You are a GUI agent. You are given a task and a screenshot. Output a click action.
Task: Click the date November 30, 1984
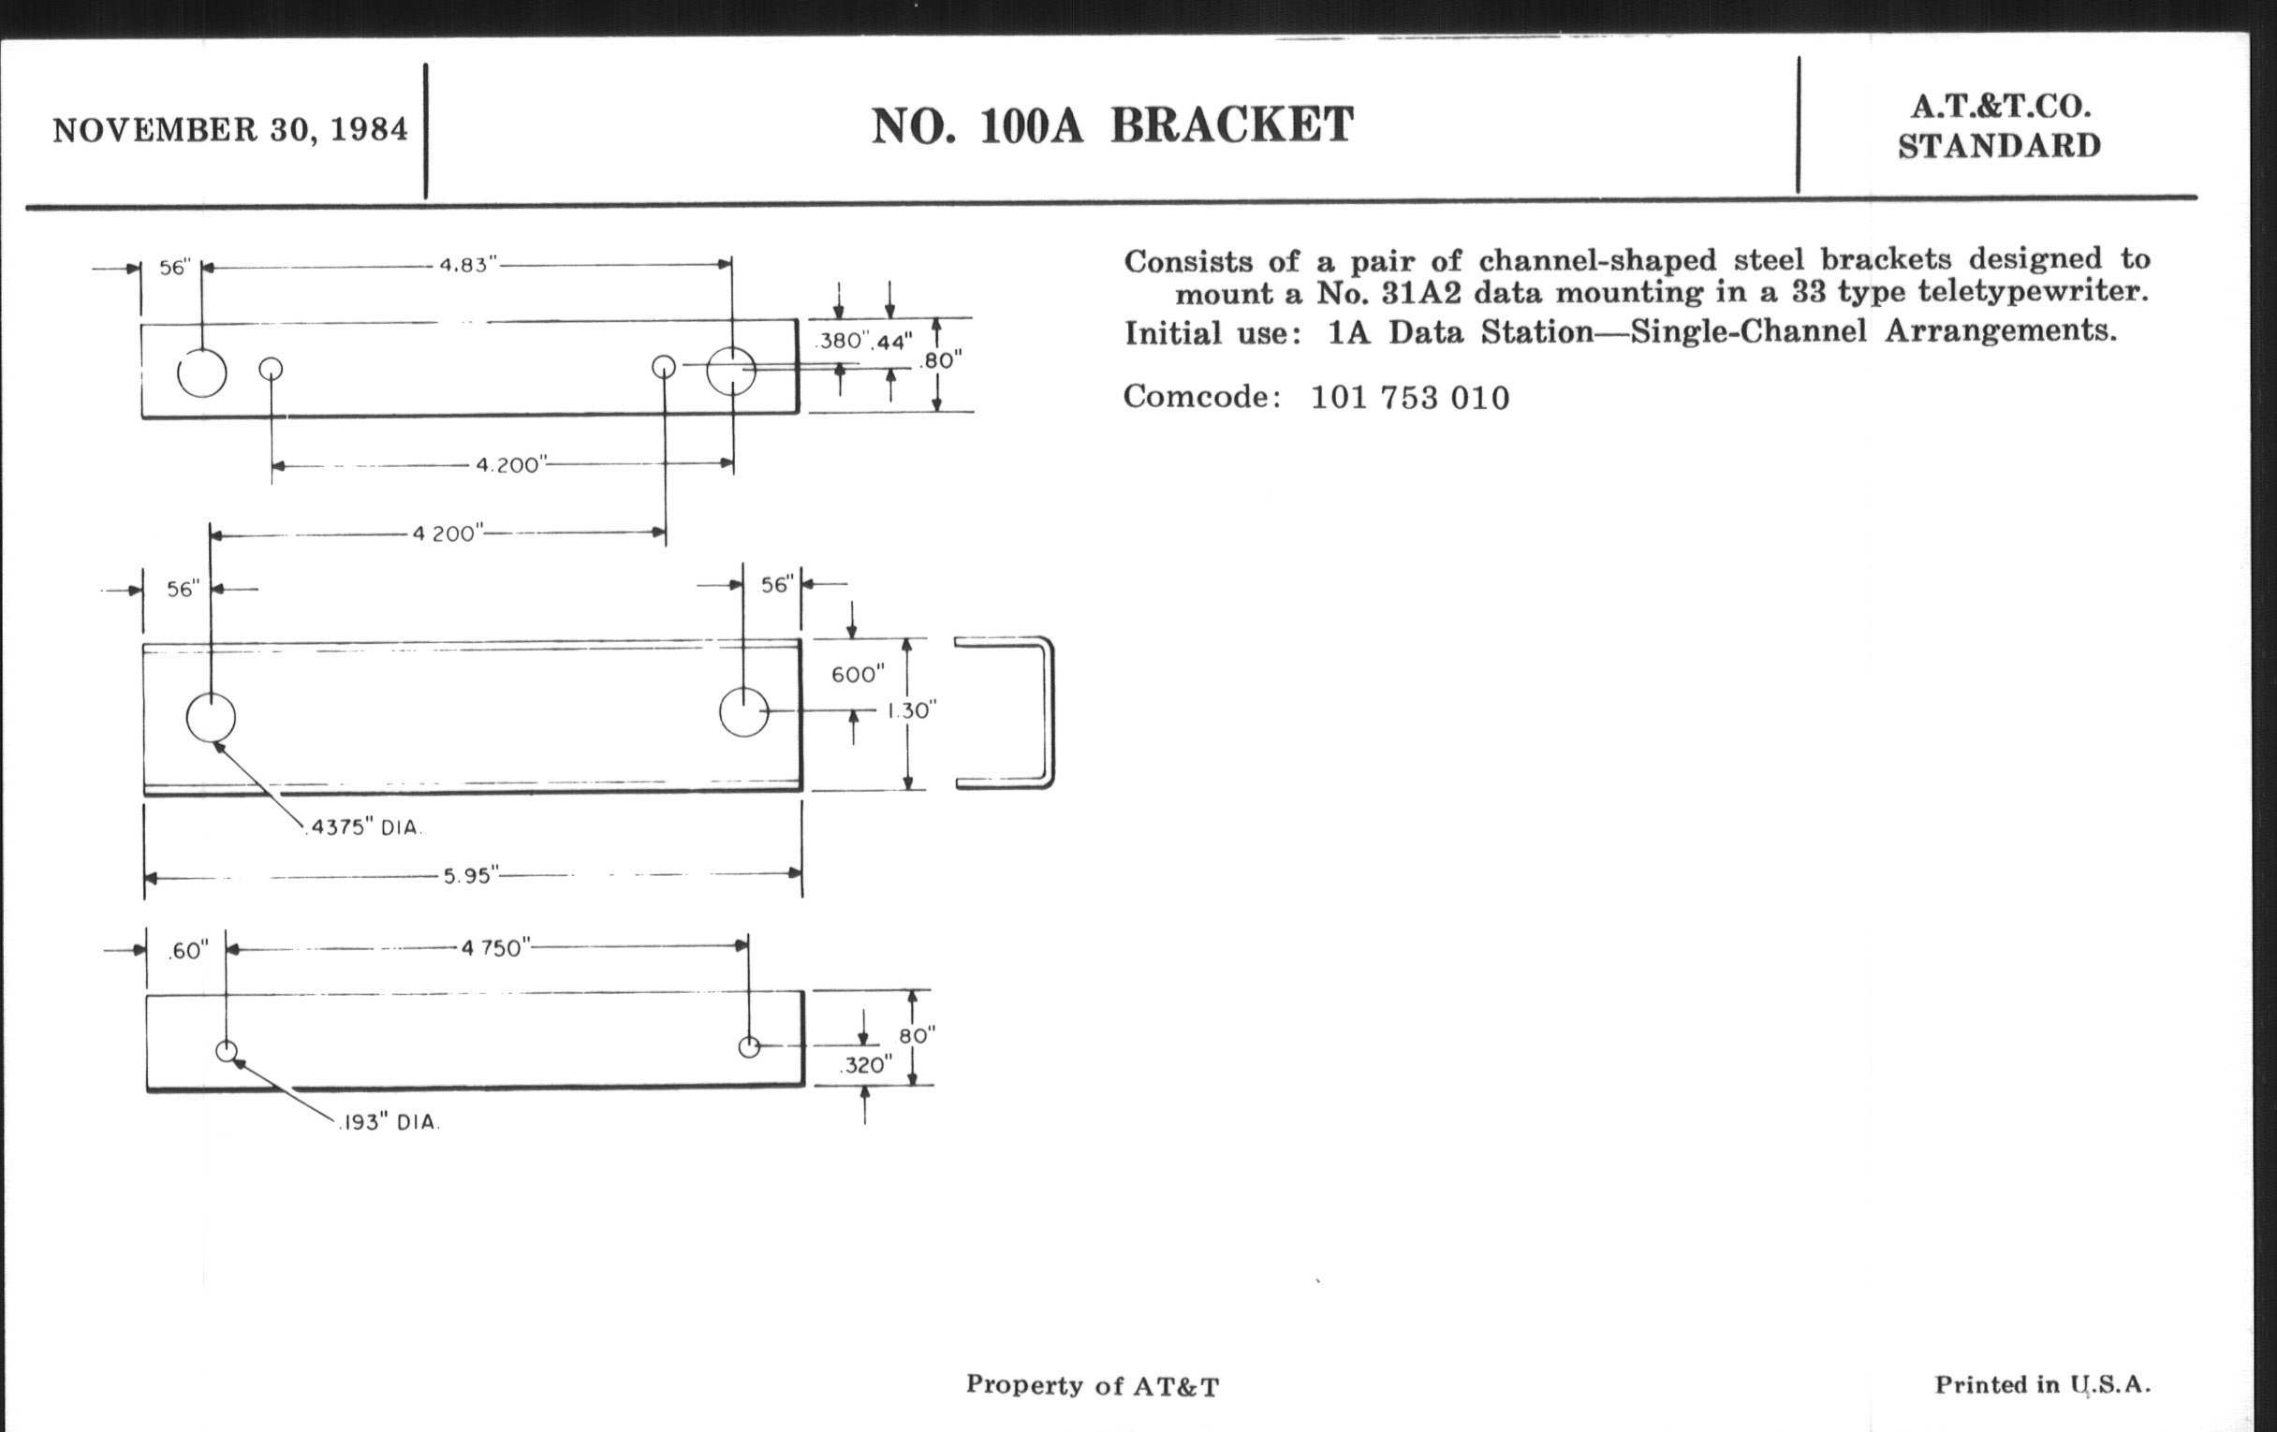pos(229,130)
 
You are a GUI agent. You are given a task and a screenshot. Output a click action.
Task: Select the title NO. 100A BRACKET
pos(1112,125)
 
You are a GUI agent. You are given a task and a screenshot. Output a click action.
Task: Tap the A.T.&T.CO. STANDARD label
pos(1999,126)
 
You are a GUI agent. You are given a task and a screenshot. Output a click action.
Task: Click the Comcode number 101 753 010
pos(1409,398)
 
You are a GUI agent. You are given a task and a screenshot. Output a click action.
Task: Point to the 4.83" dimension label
pos(467,266)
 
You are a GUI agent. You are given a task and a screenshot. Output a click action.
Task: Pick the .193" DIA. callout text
pos(390,1123)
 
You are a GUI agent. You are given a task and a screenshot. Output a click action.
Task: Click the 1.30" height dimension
pos(911,710)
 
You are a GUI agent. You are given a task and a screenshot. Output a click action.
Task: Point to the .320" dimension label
pos(865,1066)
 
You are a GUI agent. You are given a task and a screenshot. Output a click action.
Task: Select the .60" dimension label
pos(188,952)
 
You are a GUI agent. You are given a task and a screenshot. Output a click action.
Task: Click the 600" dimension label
pos(858,675)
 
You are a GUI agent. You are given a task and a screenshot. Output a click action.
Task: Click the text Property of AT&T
pos(1093,1386)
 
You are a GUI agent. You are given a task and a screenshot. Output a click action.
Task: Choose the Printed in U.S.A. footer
pos(2042,1385)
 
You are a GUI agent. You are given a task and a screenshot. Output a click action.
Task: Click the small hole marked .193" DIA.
pos(227,1051)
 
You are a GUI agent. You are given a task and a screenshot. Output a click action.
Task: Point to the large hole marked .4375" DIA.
pos(211,719)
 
